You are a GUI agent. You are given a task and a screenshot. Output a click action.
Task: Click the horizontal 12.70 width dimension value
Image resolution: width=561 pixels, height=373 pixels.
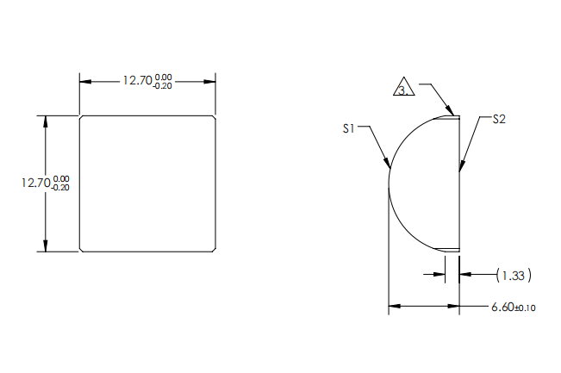[x=136, y=80]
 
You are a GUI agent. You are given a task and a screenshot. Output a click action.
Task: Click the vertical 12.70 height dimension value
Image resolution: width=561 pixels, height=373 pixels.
[x=36, y=183]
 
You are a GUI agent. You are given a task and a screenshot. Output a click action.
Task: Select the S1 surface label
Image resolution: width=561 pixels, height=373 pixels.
[x=348, y=128]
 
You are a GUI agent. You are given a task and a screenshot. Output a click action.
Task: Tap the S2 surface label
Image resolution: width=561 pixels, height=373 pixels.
[x=498, y=120]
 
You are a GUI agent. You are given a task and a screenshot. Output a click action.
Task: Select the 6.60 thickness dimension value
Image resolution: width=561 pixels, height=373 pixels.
[x=502, y=307]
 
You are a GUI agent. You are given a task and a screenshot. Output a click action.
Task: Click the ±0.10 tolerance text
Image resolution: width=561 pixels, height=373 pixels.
[x=525, y=308]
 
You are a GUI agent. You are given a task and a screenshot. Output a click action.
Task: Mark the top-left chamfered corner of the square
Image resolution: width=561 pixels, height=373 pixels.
[x=81, y=117]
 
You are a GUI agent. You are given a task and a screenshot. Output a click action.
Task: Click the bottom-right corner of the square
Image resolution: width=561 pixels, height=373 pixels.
[x=214, y=251]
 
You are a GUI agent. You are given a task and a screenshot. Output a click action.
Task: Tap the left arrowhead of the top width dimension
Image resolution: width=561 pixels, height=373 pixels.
[x=84, y=81]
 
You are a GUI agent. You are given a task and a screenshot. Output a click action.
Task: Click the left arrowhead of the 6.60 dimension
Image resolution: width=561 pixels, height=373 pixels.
[x=393, y=306]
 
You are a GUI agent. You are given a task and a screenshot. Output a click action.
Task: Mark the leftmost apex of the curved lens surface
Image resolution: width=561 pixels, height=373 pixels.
[x=389, y=183]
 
